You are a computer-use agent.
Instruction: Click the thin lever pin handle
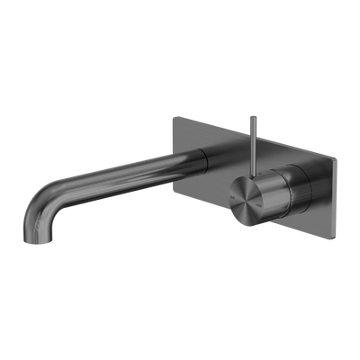pos(245,135)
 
